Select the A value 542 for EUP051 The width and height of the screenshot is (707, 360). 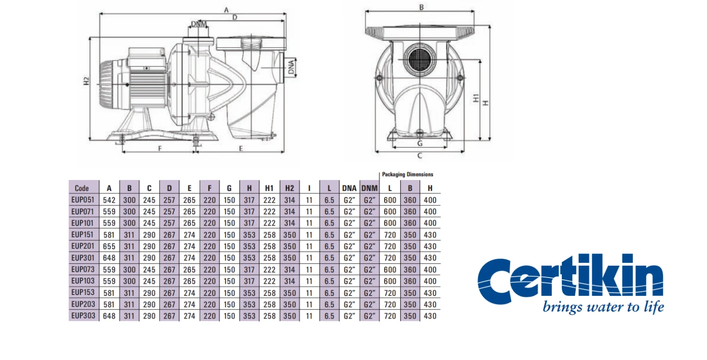click(x=109, y=199)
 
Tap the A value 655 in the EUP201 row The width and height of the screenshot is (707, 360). click(x=109, y=246)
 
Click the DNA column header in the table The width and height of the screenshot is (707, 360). click(x=349, y=188)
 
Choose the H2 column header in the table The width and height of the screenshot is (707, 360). click(x=289, y=188)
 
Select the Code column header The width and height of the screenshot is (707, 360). click(x=82, y=188)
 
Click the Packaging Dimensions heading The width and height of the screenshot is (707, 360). click(x=407, y=174)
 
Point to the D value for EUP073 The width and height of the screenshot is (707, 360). click(x=169, y=270)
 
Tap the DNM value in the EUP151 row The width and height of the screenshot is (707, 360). click(x=369, y=235)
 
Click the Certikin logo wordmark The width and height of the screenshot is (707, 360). click(x=570, y=278)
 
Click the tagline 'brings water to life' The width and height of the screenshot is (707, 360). click(x=603, y=307)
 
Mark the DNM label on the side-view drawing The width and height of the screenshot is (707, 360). click(x=199, y=25)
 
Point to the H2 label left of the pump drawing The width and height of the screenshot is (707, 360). click(x=86, y=81)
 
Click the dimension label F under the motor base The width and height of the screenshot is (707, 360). click(x=160, y=148)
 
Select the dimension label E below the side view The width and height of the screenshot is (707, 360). click(x=240, y=148)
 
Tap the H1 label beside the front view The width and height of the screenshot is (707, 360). click(x=477, y=98)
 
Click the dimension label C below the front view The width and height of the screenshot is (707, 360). click(x=419, y=156)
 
